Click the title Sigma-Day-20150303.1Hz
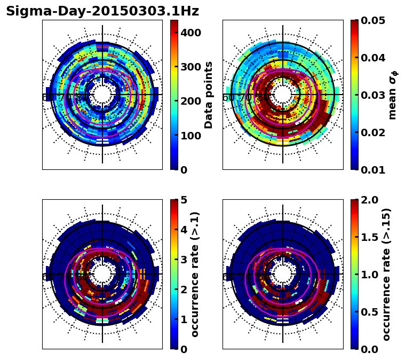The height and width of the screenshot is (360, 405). tap(102, 11)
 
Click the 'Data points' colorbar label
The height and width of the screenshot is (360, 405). tap(209, 95)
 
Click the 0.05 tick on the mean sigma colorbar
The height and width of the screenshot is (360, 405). tap(373, 20)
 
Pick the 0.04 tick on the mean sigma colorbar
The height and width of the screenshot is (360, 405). tap(373, 58)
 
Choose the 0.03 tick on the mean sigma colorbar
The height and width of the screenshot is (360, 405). tap(373, 95)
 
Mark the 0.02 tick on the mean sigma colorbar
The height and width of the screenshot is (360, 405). tap(373, 132)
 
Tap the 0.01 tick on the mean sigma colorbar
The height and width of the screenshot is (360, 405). tap(373, 169)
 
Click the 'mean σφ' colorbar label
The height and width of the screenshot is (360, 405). tap(392, 95)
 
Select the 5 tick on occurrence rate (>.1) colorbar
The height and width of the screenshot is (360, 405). tap(182, 200)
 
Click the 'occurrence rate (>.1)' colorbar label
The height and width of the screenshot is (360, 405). tap(195, 274)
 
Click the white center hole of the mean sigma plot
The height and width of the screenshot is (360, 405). tap(282, 95)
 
